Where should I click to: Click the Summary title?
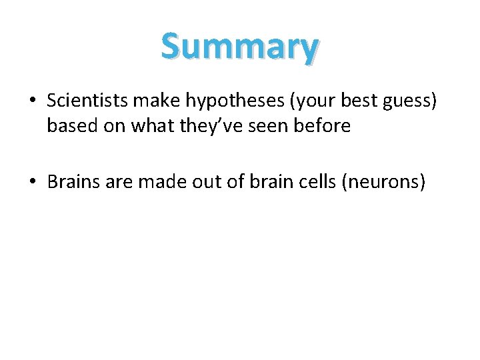[239, 47]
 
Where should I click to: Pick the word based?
[70, 125]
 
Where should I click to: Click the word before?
[325, 125]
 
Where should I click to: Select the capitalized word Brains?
[72, 181]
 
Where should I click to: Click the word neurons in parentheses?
[383, 182]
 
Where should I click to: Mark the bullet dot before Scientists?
[32, 101]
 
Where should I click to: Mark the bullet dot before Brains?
[32, 182]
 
